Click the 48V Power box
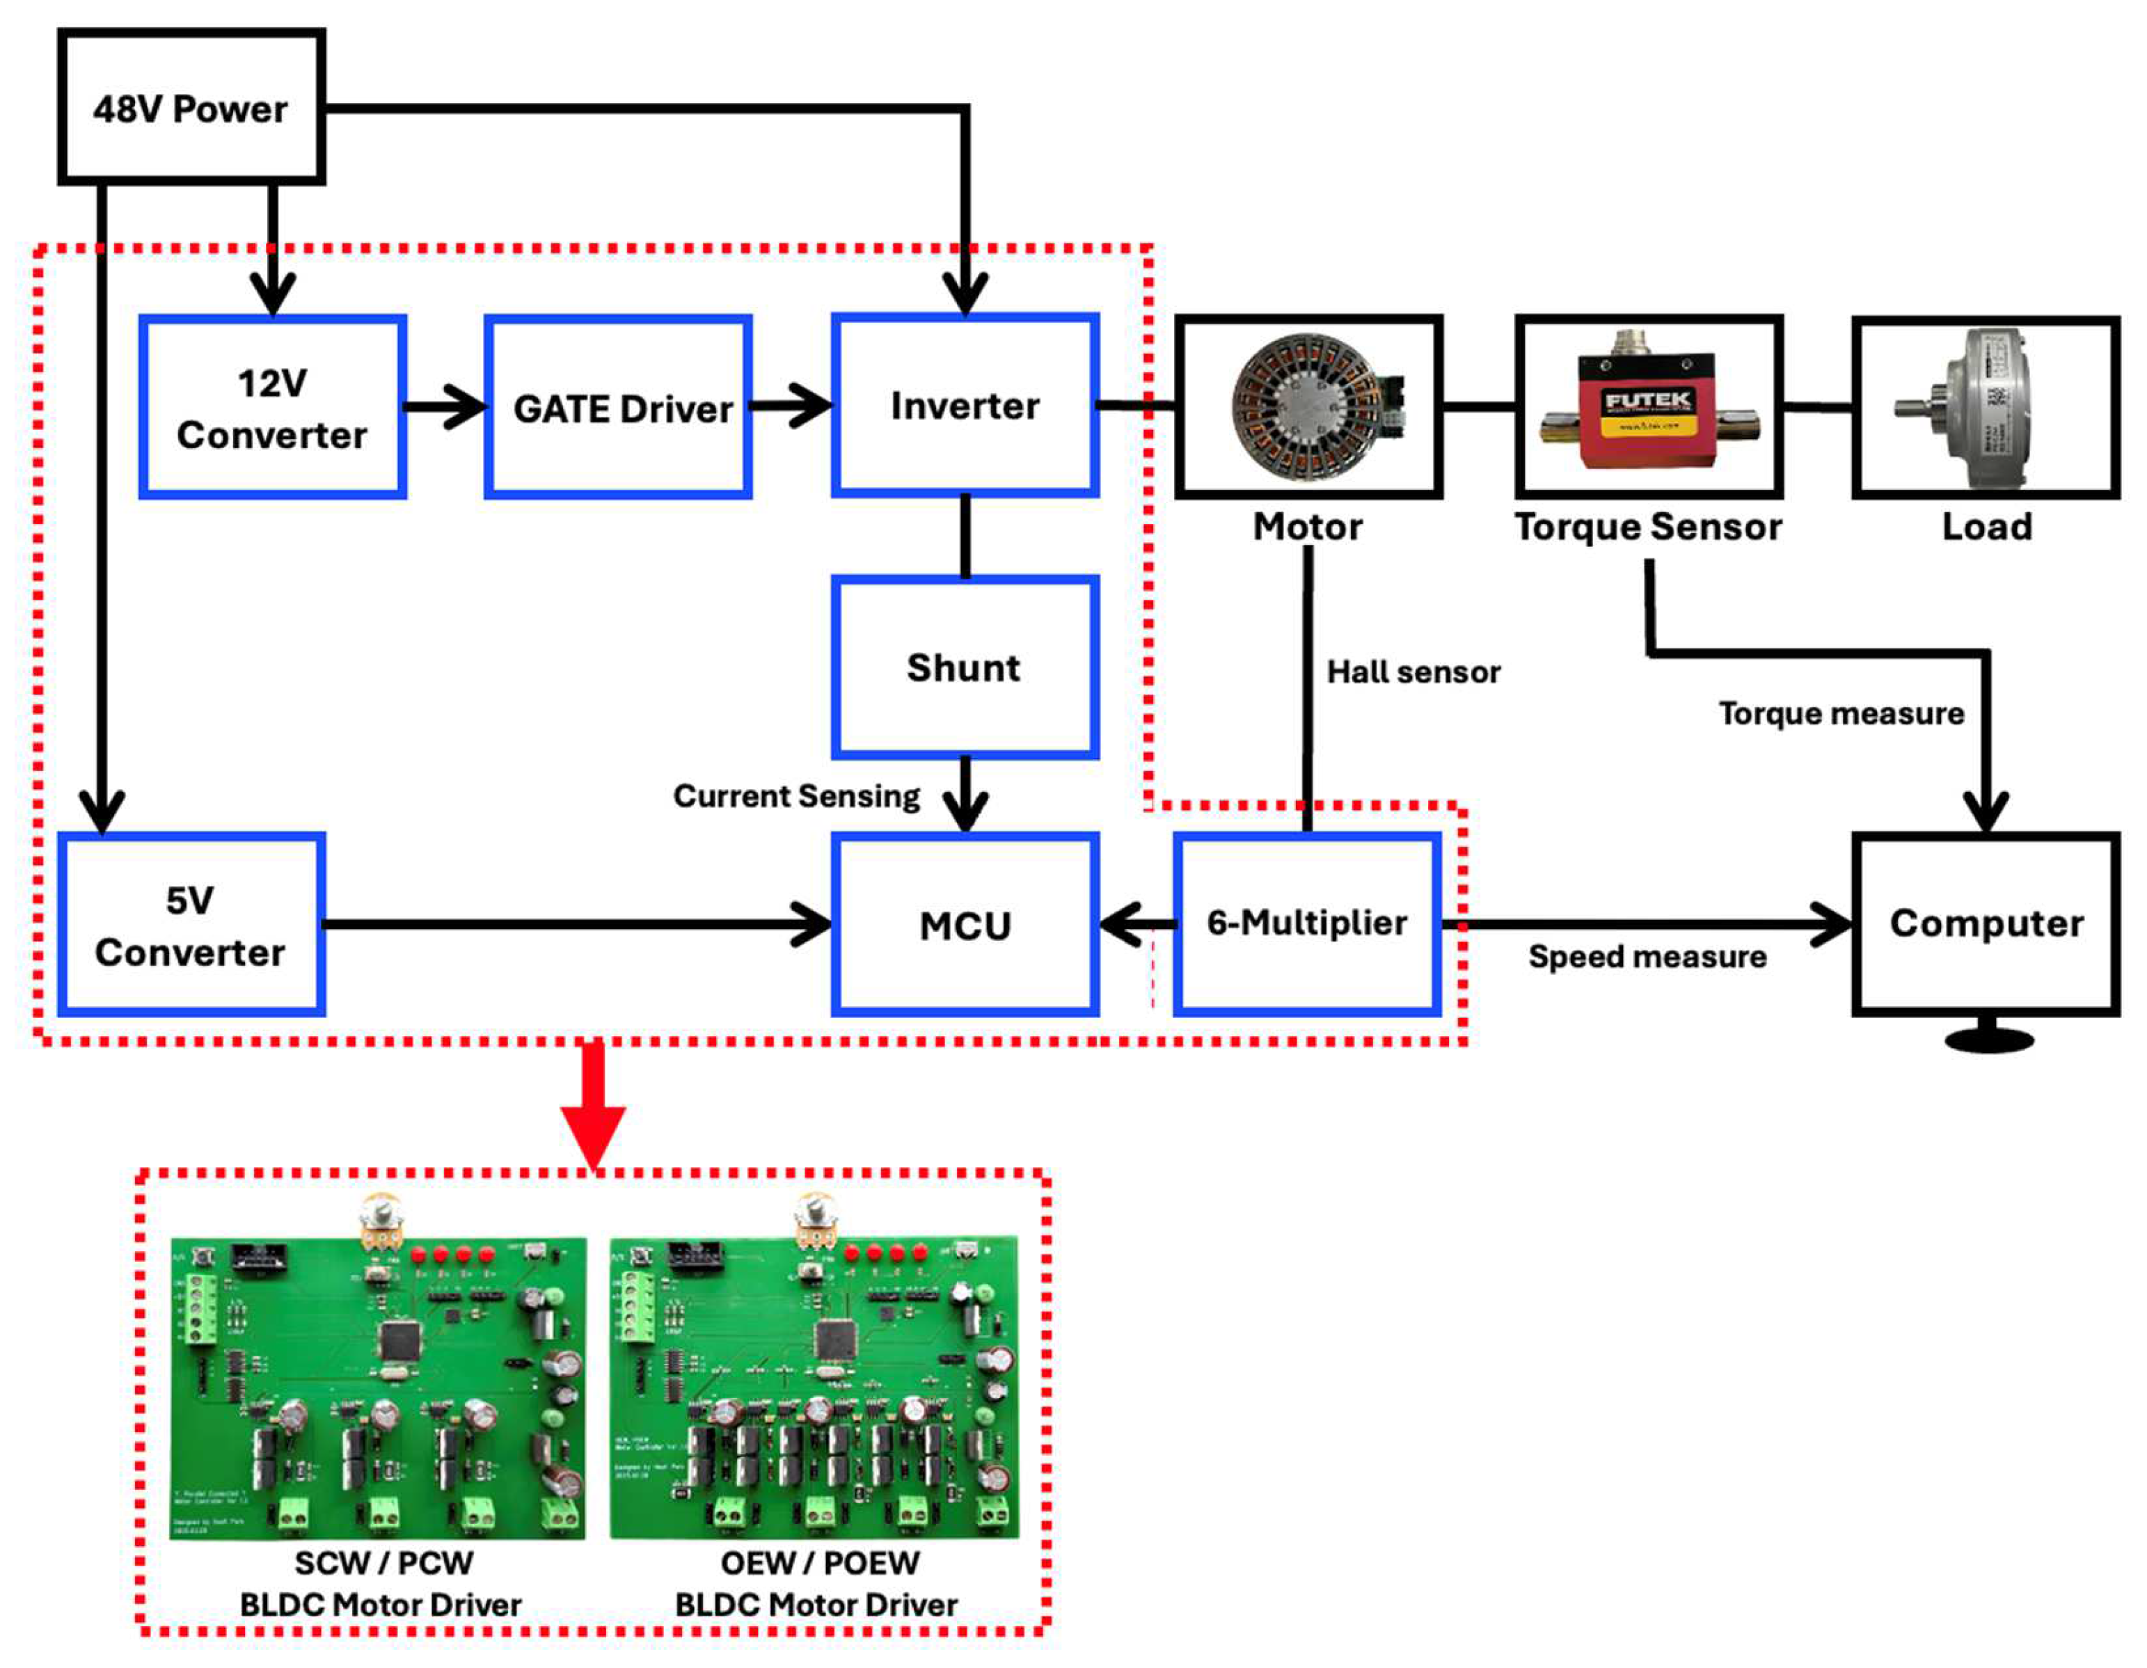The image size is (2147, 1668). tap(191, 107)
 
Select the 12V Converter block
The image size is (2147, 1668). tap(272, 407)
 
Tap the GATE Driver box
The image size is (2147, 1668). tap(619, 407)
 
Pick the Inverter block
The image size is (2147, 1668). tap(965, 405)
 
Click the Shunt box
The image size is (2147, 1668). tap(965, 667)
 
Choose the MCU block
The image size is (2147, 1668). tap(965, 925)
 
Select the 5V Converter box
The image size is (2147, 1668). tap(191, 925)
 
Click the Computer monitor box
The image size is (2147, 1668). tap(1985, 923)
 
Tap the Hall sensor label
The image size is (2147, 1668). tap(1413, 672)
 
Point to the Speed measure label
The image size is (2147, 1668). tap(1647, 956)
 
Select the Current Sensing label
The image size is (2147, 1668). tap(796, 795)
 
